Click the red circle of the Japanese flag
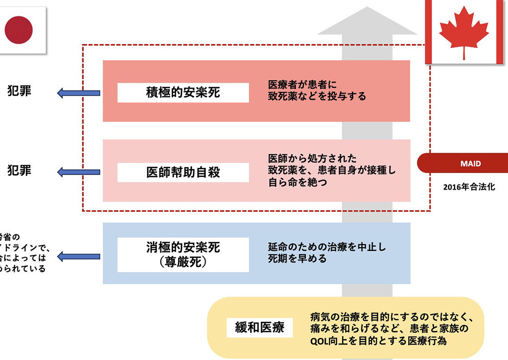[19, 30]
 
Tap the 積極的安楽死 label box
[183, 93]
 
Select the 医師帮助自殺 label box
[183, 173]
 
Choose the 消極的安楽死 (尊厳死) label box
[183, 255]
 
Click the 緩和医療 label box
[260, 327]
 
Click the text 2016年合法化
[469, 187]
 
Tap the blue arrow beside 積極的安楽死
[79, 93]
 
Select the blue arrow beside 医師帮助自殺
[79, 173]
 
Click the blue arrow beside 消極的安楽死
[79, 256]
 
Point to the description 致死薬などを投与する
[317, 96]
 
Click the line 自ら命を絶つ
[297, 183]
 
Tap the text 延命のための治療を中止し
[327, 247]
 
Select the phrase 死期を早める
[297, 259]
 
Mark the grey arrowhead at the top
[366, 24]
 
